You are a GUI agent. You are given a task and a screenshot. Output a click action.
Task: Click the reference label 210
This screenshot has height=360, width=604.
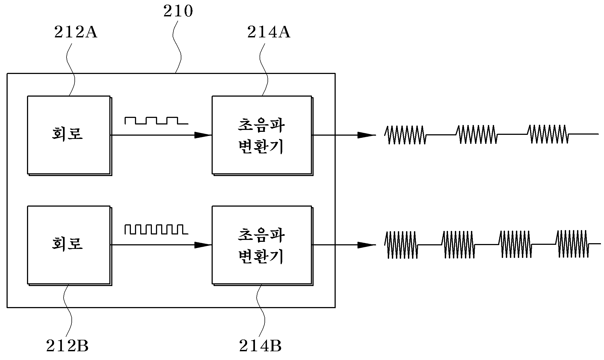(x=178, y=11)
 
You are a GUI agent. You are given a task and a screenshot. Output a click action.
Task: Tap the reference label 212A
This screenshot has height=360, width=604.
(x=76, y=32)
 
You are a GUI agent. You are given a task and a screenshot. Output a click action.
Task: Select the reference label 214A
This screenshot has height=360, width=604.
(x=269, y=32)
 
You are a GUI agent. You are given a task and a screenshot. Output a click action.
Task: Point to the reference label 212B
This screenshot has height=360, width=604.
(x=67, y=346)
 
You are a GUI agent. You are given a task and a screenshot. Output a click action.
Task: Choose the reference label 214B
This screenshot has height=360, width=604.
(x=260, y=346)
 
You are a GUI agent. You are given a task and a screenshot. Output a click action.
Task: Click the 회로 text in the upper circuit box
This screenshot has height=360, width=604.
(x=67, y=134)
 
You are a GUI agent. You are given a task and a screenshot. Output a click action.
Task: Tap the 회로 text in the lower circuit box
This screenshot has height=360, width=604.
(x=67, y=243)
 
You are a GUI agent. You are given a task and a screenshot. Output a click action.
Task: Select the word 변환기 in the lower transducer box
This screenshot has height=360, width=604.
(x=261, y=256)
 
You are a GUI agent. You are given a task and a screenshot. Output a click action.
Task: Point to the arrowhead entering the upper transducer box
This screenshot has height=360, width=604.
(x=203, y=135)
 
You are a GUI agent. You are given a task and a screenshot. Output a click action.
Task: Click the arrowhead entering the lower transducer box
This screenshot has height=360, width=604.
(x=203, y=245)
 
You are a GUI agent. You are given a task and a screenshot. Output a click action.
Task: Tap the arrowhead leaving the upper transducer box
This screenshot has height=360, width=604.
(x=367, y=135)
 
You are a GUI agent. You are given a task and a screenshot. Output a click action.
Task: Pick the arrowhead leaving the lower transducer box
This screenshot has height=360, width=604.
(x=367, y=245)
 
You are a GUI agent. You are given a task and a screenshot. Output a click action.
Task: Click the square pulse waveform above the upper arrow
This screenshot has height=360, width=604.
(x=157, y=121)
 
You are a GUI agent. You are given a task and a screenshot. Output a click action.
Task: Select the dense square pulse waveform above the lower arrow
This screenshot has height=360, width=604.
(x=157, y=230)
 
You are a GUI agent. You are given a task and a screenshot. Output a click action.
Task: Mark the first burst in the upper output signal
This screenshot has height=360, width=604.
(x=405, y=135)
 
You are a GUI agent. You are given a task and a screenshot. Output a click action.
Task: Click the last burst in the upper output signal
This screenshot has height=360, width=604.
(x=548, y=134)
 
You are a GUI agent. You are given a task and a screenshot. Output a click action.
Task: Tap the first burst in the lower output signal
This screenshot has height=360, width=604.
(x=401, y=245)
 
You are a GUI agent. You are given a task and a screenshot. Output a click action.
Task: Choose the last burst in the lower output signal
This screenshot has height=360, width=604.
(x=572, y=244)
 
